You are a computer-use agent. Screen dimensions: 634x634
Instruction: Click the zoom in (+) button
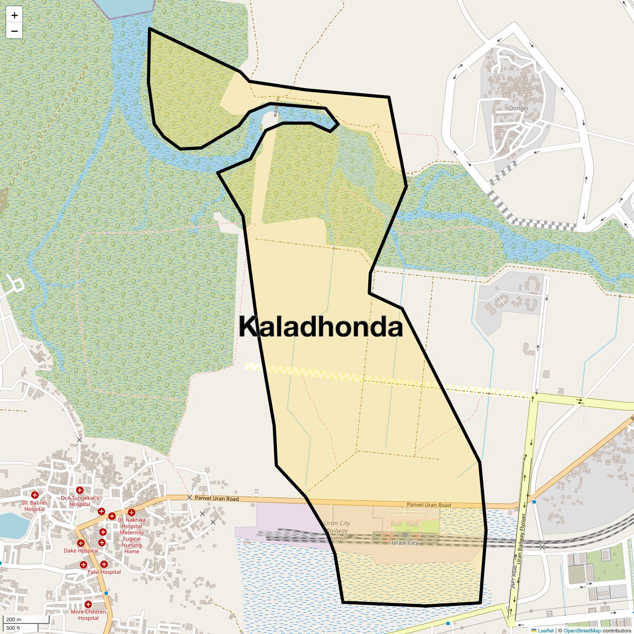(14, 15)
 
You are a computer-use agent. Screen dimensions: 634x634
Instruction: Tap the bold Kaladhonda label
(321, 327)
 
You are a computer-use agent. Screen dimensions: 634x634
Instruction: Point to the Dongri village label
(518, 108)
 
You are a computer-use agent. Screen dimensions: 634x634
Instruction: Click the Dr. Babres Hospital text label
(35, 506)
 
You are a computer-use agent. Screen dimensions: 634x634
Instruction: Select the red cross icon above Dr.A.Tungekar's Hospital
(80, 490)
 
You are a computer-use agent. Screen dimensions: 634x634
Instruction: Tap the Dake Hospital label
(81, 551)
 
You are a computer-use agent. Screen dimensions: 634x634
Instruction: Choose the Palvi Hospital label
(104, 572)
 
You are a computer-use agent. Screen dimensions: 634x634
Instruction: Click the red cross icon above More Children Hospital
(88, 604)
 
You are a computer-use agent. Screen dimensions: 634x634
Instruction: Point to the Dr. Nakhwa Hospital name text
(132, 523)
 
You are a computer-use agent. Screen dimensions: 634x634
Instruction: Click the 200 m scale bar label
(14, 619)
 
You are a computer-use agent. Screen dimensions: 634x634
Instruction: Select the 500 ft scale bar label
(13, 628)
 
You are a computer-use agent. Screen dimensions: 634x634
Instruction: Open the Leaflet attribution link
(545, 630)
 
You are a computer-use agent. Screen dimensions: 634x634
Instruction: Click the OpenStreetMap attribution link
(582, 630)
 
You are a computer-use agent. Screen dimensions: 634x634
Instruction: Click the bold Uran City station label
(405, 543)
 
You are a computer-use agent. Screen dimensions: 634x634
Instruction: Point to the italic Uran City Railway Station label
(337, 531)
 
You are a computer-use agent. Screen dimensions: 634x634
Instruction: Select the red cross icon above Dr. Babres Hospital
(35, 495)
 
